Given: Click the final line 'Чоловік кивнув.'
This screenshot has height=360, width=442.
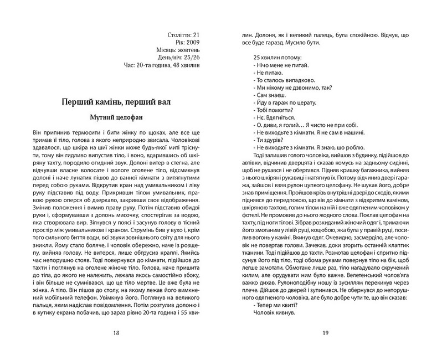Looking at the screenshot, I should [275, 312].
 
